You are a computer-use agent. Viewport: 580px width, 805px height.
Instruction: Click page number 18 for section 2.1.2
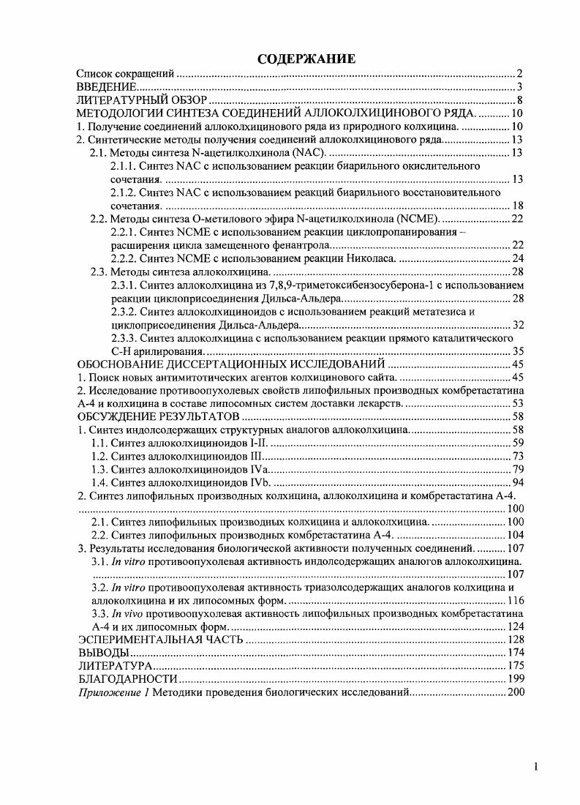[x=516, y=206]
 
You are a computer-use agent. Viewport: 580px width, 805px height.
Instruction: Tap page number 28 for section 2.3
[x=516, y=272]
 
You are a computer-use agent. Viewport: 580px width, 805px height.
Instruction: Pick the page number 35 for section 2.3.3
[x=516, y=351]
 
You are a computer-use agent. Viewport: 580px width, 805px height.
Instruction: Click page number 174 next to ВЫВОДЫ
[x=513, y=653]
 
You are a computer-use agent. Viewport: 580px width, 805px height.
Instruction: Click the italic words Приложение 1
[x=113, y=692]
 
